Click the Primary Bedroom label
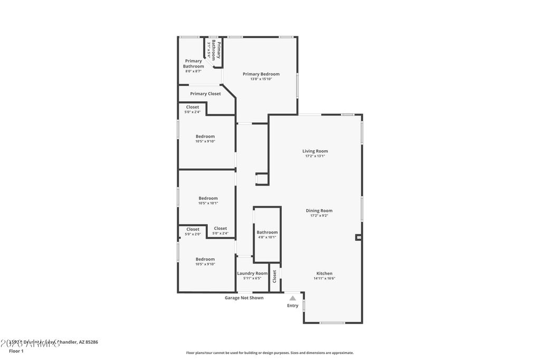[x=261, y=74]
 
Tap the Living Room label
[x=315, y=151]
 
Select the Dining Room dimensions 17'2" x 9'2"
[x=319, y=216]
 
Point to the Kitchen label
[x=324, y=274]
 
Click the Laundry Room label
[x=252, y=274]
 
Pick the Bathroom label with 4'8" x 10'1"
[x=267, y=232]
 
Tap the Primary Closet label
[x=206, y=94]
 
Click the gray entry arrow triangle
[x=293, y=298]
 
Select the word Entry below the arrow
[x=293, y=306]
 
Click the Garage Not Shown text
[x=244, y=298]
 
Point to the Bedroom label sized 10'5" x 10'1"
[x=208, y=198]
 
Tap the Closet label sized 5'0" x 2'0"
[x=193, y=229]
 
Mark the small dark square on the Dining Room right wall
[x=359, y=238]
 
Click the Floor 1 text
[x=16, y=351]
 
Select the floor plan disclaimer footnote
[x=269, y=353]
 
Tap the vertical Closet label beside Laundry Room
[x=274, y=276]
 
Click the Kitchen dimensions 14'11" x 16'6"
[x=324, y=278]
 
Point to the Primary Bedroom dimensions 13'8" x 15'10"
[x=261, y=79]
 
